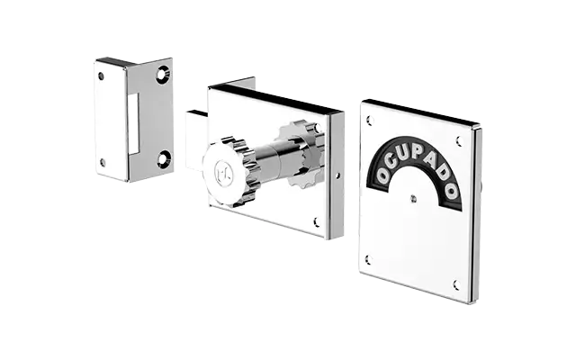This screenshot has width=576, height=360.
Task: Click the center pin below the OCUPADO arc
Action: click(x=413, y=198)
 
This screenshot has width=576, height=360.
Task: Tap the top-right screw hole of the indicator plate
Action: click(x=458, y=140)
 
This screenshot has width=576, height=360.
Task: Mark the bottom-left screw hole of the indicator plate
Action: click(x=368, y=259)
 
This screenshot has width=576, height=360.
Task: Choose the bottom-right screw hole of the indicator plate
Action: click(x=456, y=285)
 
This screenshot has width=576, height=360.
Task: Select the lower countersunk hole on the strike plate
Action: click(x=162, y=158)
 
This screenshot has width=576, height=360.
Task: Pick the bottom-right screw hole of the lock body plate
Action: click(x=315, y=220)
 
